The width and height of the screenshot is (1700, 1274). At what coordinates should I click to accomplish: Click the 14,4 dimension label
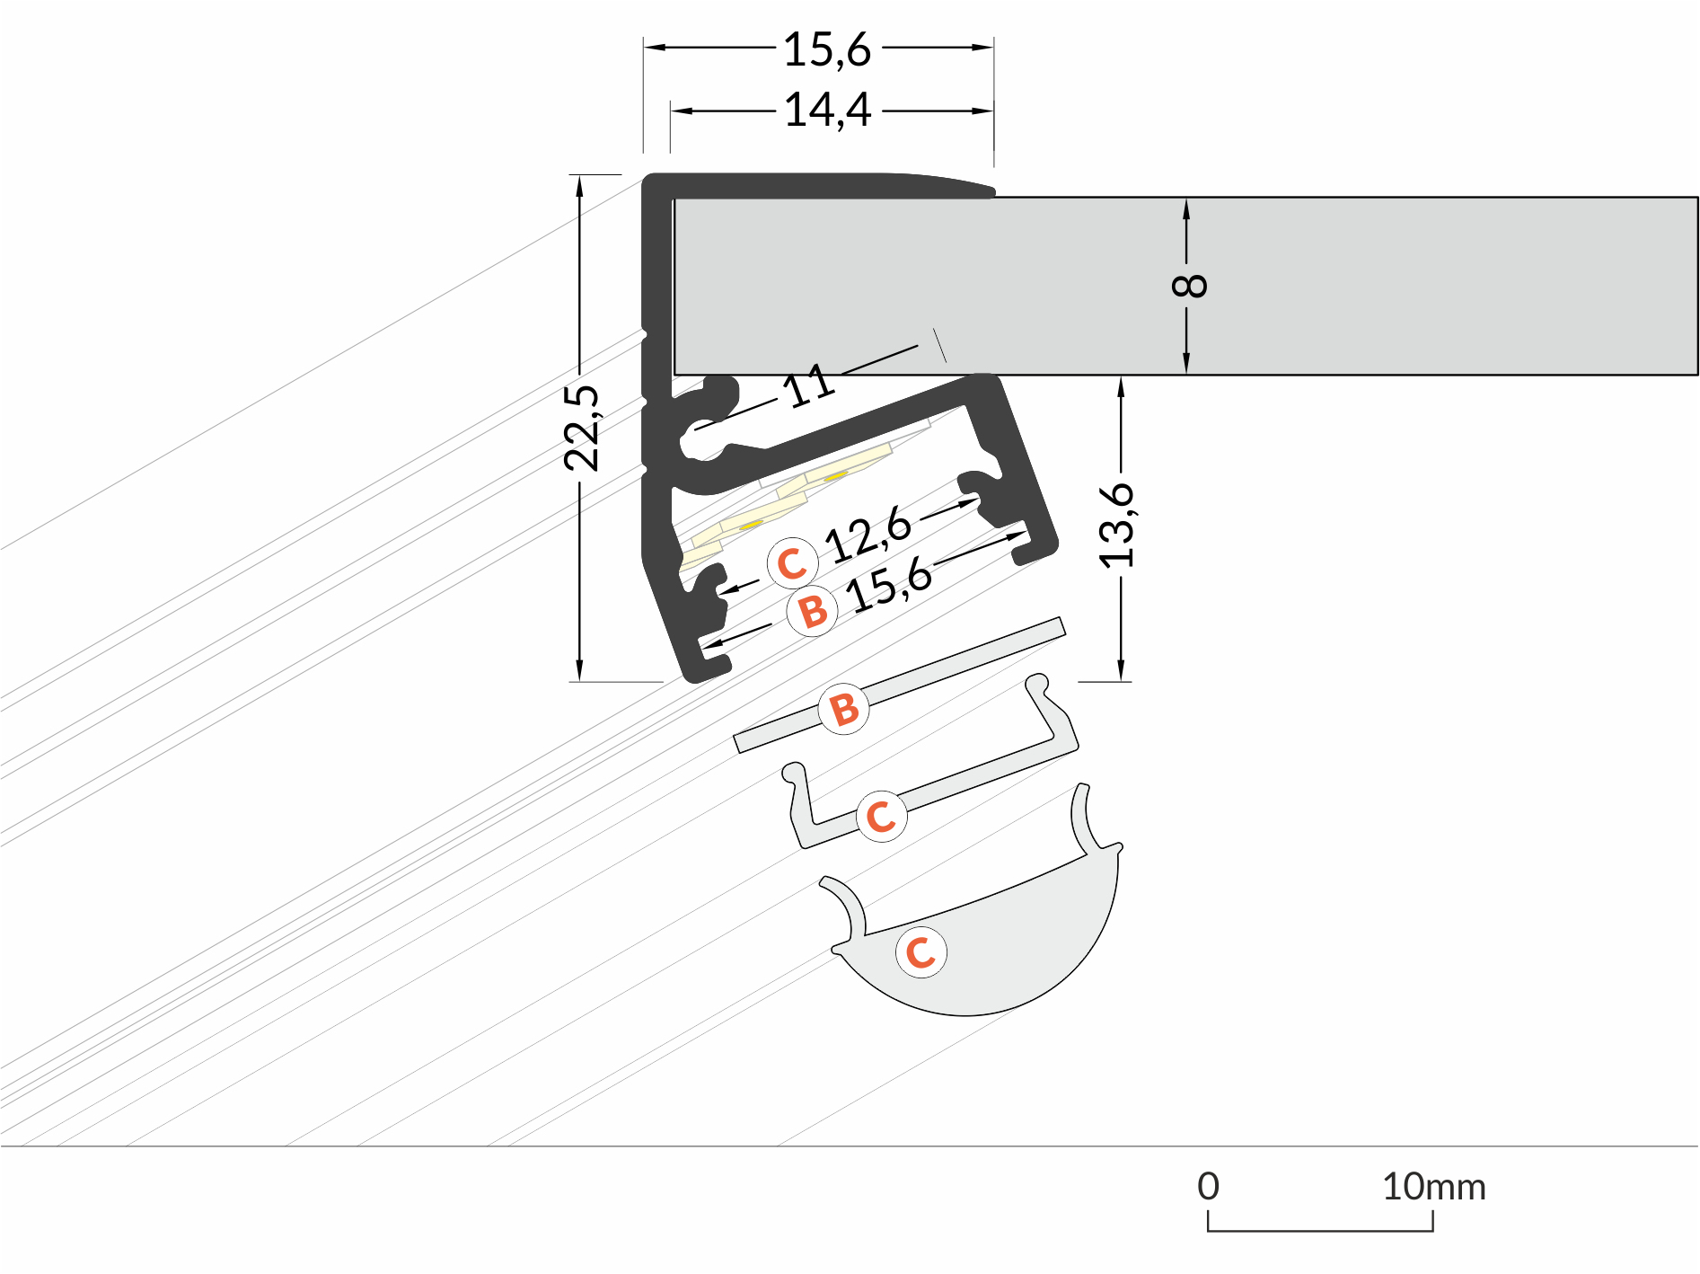pos(827,111)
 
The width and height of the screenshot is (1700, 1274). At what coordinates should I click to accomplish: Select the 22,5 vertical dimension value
pos(582,428)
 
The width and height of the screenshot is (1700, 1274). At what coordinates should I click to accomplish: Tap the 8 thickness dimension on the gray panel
pos(1189,286)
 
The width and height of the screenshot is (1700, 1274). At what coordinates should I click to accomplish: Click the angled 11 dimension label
pos(808,386)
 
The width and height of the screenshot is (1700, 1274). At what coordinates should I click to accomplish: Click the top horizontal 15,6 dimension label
pos(827,49)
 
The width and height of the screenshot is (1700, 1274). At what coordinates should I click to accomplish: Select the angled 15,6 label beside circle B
pos(890,585)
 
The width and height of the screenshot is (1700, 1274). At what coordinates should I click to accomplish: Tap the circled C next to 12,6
pos(792,563)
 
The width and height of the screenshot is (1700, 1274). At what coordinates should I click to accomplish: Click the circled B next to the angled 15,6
pos(812,611)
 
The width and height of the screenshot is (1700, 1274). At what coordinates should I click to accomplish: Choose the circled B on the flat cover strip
pos(843,709)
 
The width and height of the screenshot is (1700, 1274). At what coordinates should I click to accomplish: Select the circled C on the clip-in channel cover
pos(881,816)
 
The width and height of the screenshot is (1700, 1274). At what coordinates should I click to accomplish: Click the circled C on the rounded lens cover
pos(921,952)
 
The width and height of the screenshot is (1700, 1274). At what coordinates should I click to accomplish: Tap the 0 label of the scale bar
pos(1208,1187)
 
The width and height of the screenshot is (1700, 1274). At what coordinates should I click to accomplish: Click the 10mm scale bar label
pos(1433,1187)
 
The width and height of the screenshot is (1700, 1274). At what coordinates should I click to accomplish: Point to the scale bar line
pos(1320,1229)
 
